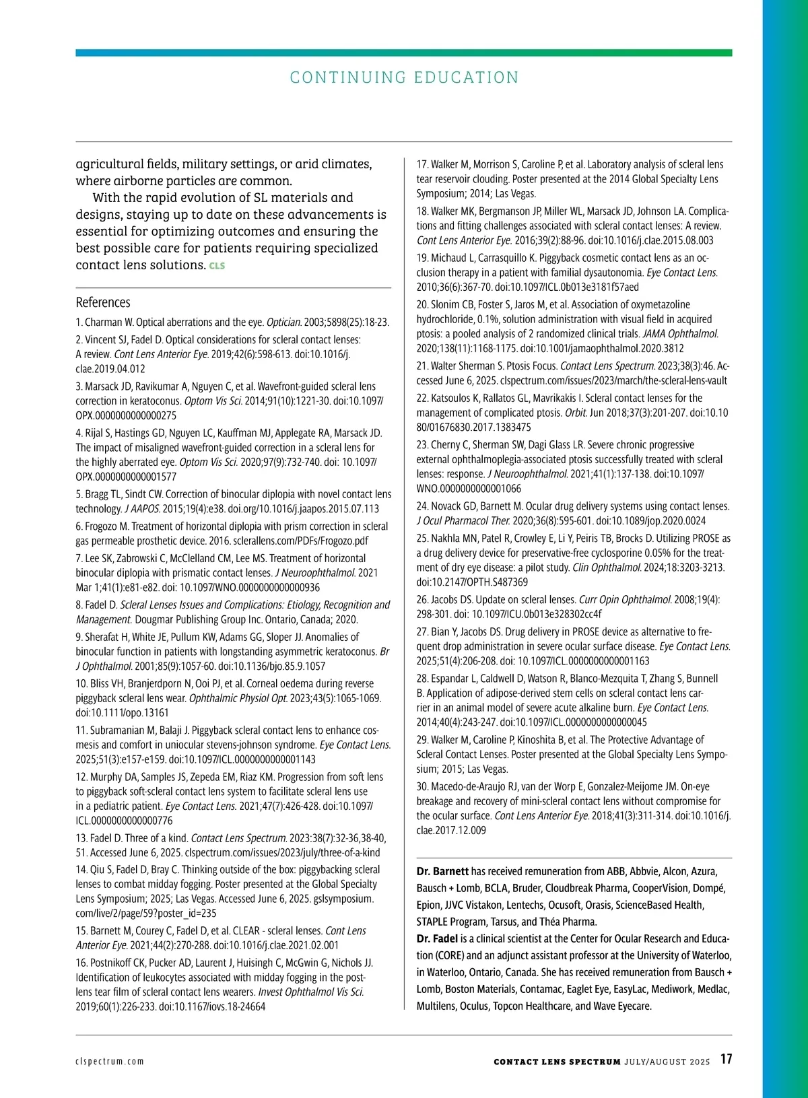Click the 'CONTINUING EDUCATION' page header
point(404,77)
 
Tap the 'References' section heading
point(103,302)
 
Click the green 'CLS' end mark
point(217,266)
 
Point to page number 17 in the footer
point(726,1059)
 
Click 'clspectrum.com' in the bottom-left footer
point(110,1062)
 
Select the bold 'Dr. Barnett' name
point(442,871)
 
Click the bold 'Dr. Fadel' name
point(437,938)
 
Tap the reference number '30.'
point(422,786)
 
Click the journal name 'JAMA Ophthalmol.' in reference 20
point(680,334)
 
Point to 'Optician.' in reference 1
point(284,322)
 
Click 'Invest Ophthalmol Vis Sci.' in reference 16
point(311,992)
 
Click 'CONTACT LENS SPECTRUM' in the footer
point(557,1062)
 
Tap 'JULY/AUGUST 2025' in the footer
point(667,1062)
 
